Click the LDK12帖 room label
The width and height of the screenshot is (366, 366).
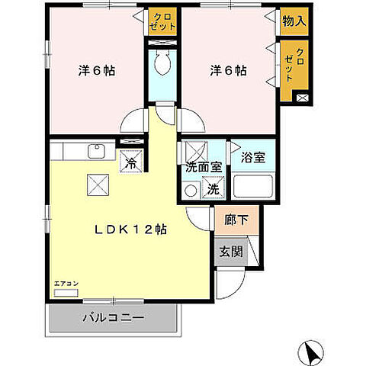tap(131, 230)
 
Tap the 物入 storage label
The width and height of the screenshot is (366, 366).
tap(294, 21)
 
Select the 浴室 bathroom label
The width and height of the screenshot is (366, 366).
tap(253, 158)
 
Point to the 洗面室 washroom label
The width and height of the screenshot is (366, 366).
tap(204, 167)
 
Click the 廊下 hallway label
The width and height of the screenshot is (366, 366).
tap(236, 220)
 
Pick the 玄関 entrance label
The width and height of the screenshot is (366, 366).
tap(231, 252)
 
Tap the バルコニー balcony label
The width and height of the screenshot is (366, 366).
tap(114, 317)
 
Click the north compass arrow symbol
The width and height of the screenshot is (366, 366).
tap(311, 353)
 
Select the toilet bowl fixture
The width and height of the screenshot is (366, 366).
tap(162, 62)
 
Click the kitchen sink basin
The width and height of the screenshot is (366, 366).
tap(96, 151)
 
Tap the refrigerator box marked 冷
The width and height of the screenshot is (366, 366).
tap(131, 162)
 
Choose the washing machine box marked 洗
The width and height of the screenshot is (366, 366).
tap(213, 188)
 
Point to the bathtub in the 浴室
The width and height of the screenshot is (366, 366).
tap(253, 186)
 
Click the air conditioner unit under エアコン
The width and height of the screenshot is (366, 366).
tap(66, 293)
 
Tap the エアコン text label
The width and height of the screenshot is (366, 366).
tap(66, 284)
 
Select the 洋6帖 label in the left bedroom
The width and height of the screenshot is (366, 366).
tap(97, 70)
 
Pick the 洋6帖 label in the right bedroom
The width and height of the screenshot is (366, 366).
tap(228, 70)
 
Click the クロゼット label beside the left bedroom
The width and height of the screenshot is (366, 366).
tap(162, 22)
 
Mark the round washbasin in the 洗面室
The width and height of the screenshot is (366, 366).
tap(191, 191)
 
